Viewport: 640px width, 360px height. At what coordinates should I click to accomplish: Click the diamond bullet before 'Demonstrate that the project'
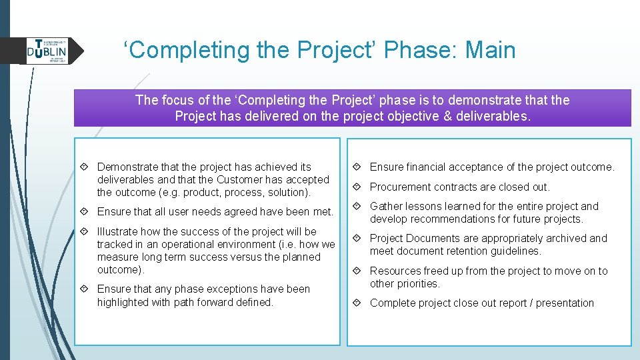(x=87, y=167)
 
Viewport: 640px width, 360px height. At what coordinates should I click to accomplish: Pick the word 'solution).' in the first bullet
(x=287, y=192)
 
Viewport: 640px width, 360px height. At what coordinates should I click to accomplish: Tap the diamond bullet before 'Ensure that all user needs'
(x=87, y=212)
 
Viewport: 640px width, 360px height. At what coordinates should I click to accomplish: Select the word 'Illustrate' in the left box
(x=118, y=231)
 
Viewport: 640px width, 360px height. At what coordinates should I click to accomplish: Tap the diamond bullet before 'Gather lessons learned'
(x=359, y=207)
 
